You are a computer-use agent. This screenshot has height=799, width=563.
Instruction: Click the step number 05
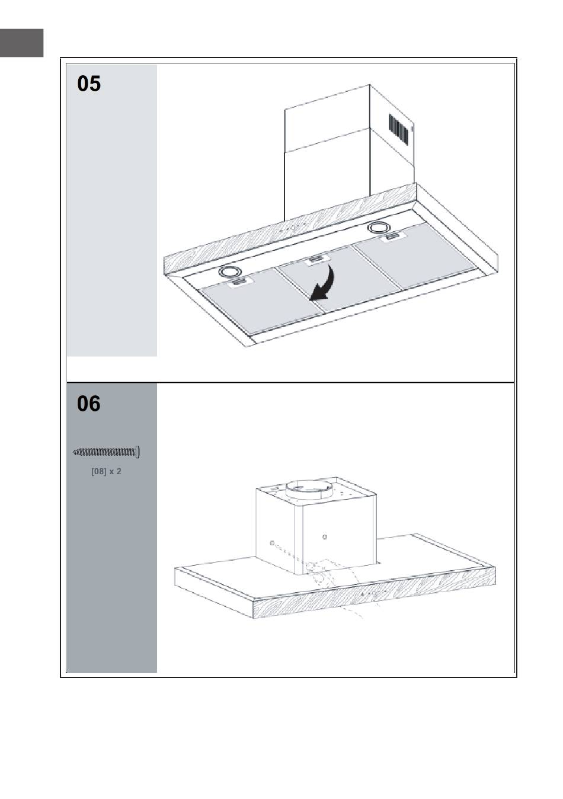click(x=89, y=84)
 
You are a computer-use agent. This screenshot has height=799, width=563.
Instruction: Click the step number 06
click(x=89, y=404)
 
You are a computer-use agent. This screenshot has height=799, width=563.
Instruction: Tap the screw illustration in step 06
click(x=107, y=452)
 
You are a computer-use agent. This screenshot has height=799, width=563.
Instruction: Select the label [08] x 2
click(x=106, y=471)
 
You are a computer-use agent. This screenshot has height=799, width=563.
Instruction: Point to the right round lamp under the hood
click(x=379, y=227)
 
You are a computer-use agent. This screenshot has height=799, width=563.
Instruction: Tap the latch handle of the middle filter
click(x=315, y=259)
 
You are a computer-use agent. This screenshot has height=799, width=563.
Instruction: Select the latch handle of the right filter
click(x=392, y=236)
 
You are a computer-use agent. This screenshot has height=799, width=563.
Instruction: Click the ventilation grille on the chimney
click(x=398, y=129)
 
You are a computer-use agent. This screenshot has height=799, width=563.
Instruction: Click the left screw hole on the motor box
click(x=272, y=544)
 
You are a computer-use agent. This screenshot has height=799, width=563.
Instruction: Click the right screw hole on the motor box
click(x=324, y=537)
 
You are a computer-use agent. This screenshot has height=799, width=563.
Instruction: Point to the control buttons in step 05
click(x=293, y=228)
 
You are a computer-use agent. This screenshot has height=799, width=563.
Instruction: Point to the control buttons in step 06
click(x=375, y=593)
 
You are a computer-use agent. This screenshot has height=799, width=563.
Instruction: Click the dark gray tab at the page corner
click(x=22, y=43)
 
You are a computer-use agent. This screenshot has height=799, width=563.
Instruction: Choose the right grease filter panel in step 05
click(x=415, y=254)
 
